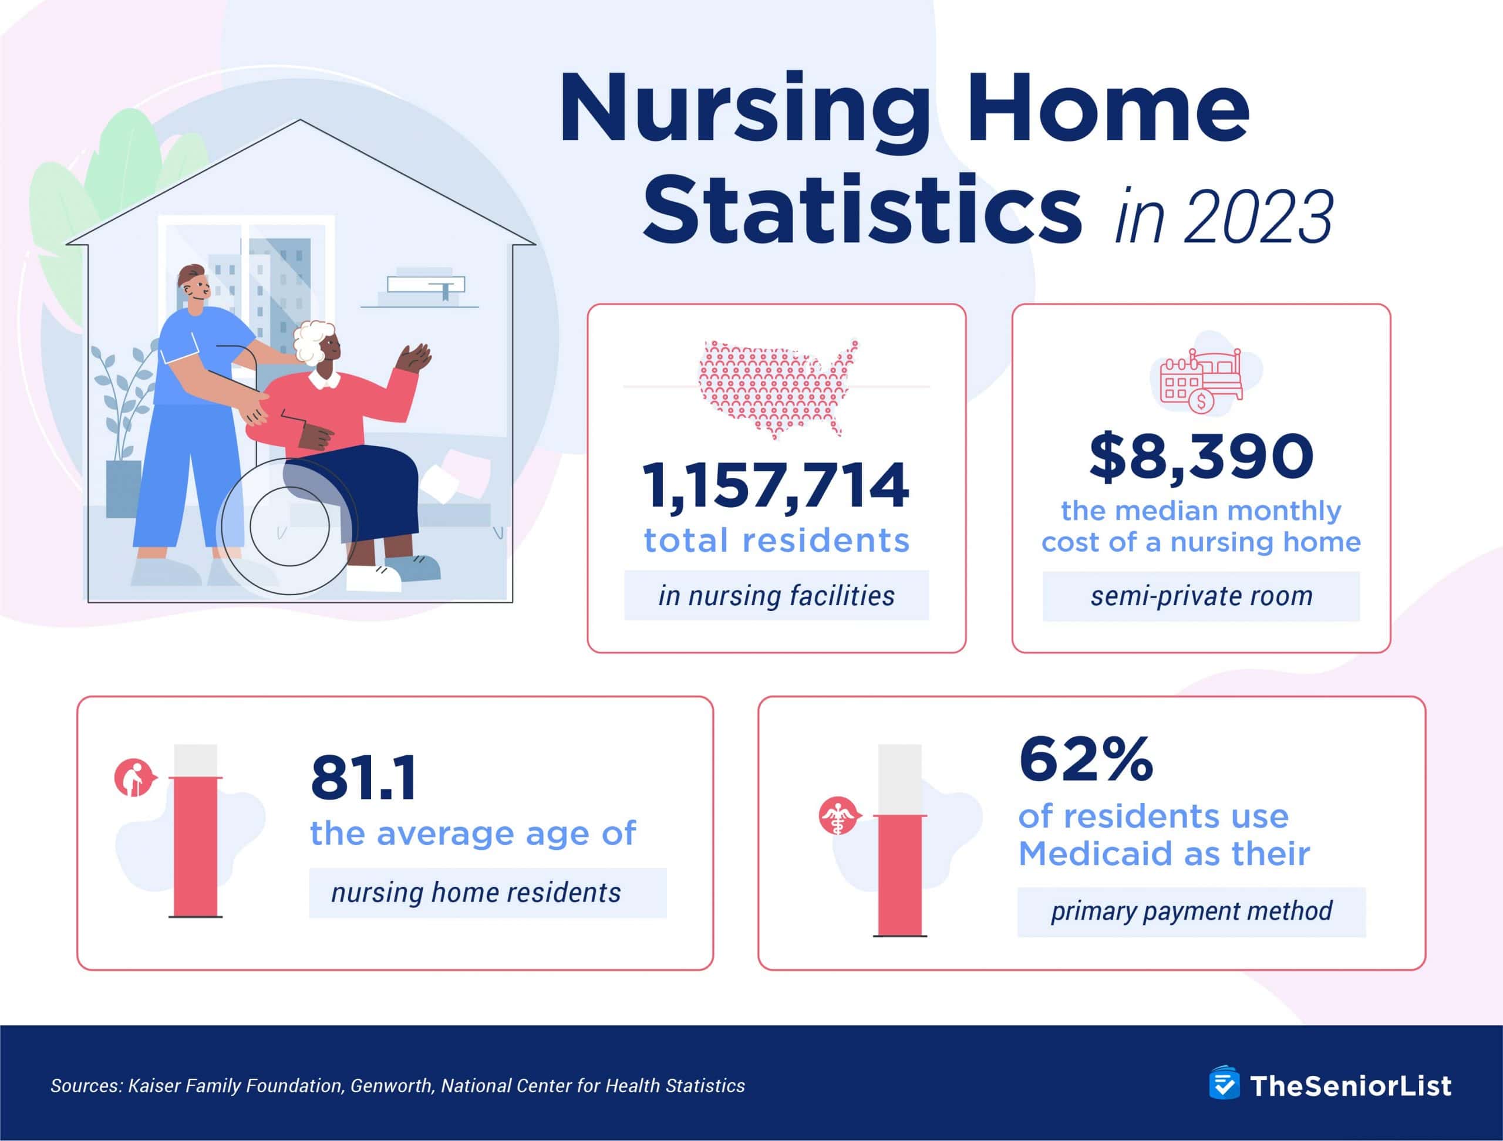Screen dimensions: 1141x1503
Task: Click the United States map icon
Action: point(777,388)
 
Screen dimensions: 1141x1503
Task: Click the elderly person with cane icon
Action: point(133,778)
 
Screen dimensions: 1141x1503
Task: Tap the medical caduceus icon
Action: point(838,816)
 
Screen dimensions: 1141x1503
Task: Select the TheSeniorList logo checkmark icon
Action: point(1224,1085)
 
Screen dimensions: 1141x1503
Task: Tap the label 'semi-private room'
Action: point(1201,596)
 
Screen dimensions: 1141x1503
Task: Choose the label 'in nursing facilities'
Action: point(776,596)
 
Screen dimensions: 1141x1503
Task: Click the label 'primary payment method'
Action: point(1191,912)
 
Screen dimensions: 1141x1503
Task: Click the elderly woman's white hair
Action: point(314,342)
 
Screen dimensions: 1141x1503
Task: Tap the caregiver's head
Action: point(194,285)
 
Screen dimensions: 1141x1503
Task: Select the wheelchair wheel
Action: point(289,526)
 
